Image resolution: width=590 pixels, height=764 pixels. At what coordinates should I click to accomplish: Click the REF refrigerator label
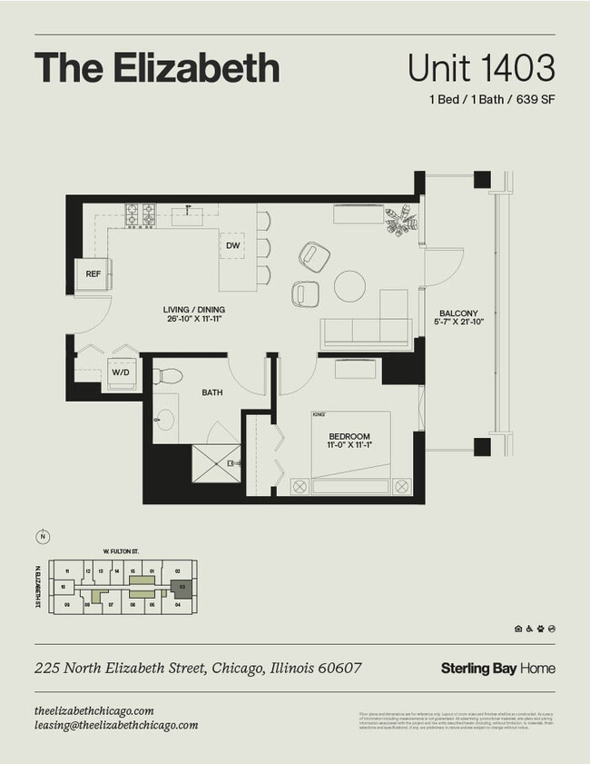pyautogui.click(x=93, y=273)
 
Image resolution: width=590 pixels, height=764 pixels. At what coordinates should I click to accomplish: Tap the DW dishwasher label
pyautogui.click(x=232, y=245)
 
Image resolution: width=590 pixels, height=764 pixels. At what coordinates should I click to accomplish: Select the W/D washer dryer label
pyautogui.click(x=121, y=372)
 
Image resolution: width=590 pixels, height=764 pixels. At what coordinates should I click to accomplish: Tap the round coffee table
pyautogui.click(x=350, y=286)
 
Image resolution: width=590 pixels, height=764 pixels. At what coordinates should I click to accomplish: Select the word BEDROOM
pyautogui.click(x=349, y=437)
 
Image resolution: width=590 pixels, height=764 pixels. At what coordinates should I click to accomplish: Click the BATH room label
pyautogui.click(x=212, y=393)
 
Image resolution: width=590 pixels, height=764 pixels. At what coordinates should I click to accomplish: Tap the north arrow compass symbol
pyautogui.click(x=42, y=537)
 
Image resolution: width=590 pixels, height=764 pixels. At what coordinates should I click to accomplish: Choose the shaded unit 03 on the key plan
pyautogui.click(x=182, y=588)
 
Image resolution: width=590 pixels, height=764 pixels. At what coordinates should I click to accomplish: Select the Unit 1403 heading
pyautogui.click(x=480, y=68)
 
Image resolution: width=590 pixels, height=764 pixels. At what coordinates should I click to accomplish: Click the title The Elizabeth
pyautogui.click(x=157, y=68)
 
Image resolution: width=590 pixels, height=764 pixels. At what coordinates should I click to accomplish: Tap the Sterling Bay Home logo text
pyautogui.click(x=497, y=669)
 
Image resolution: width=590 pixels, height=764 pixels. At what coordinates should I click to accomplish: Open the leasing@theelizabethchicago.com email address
pyautogui.click(x=115, y=725)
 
